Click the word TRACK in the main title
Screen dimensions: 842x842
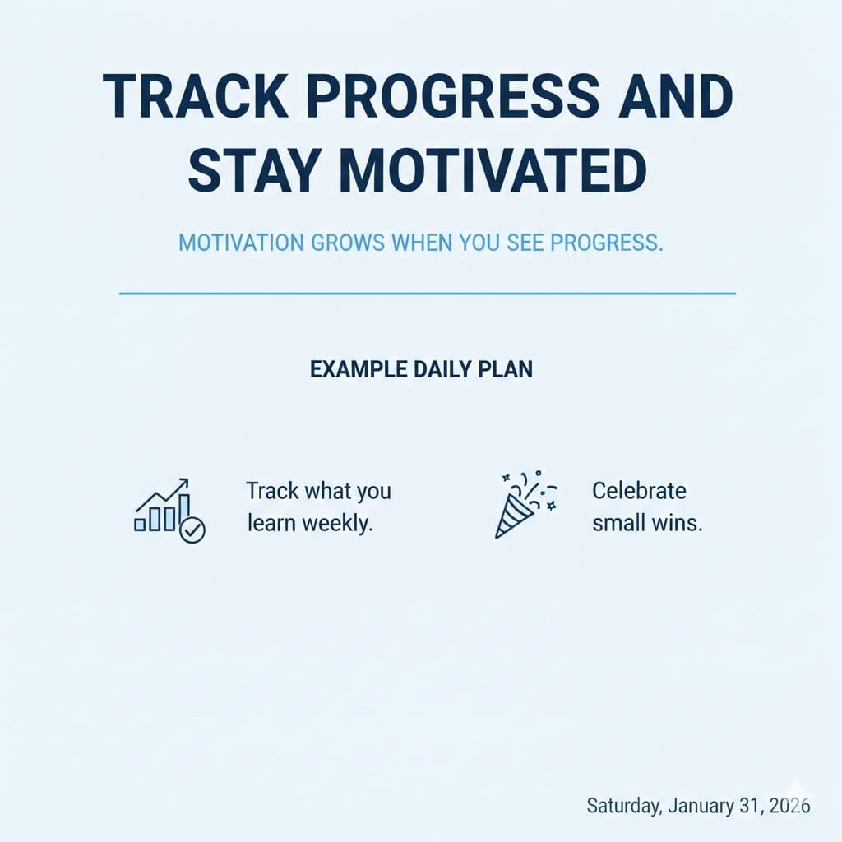click(196, 96)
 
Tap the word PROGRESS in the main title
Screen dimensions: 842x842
click(453, 96)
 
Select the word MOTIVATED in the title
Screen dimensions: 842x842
click(493, 170)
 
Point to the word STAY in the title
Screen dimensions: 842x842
click(253, 170)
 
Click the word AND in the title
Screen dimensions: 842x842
click(676, 96)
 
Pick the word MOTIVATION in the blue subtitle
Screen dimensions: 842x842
click(241, 243)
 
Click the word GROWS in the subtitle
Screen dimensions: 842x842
click(348, 243)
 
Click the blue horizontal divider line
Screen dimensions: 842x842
click(428, 294)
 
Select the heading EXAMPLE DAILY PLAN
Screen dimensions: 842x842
click(422, 369)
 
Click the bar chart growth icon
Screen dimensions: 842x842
click(169, 510)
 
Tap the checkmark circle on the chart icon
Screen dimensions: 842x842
click(192, 530)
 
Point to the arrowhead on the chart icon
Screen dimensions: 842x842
click(183, 482)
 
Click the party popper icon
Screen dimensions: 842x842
click(525, 504)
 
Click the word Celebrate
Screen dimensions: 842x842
click(639, 491)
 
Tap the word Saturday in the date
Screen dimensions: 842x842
click(623, 806)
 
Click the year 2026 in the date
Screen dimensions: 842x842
click(789, 806)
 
